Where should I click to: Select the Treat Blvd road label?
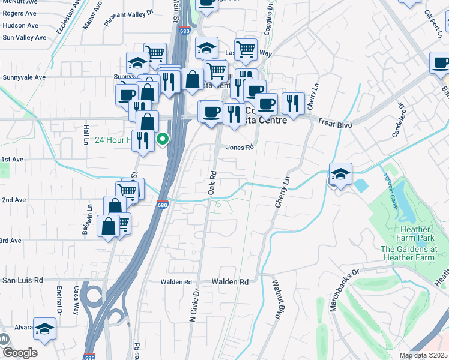329,121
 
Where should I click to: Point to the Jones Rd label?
237,148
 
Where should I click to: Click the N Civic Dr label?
194,307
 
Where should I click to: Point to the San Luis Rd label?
23,280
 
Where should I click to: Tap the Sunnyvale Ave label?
23,77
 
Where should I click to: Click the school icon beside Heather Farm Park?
340,175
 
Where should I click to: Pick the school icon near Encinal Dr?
44,328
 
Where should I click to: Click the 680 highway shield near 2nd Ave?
163,205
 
